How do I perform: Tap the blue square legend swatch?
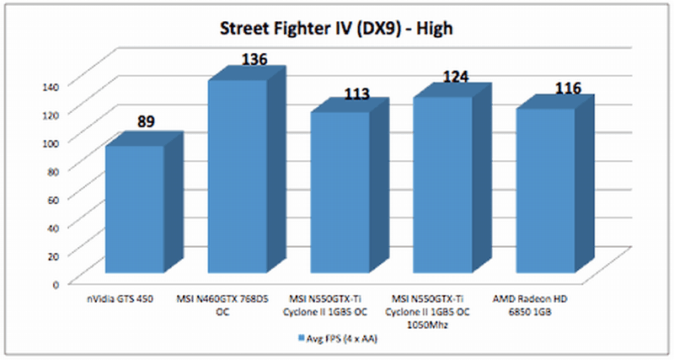(x=300, y=339)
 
